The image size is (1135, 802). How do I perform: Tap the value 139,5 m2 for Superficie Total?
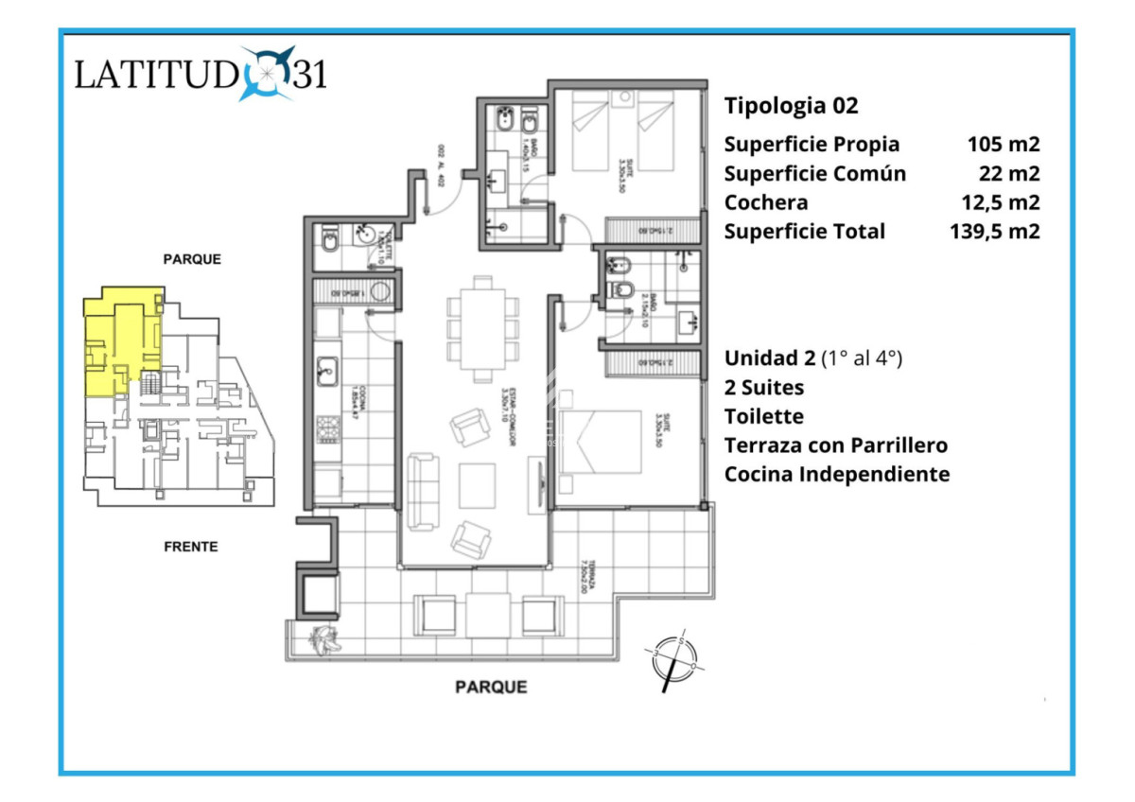click(x=994, y=231)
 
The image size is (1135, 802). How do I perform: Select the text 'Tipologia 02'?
click(x=791, y=105)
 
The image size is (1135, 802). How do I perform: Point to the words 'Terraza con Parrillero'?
click(x=836, y=445)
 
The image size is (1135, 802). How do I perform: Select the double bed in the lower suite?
click(x=600, y=441)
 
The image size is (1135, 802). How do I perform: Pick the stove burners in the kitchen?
click(x=327, y=430)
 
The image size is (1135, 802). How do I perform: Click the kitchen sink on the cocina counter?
click(x=326, y=369)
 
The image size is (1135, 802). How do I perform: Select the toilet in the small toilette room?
click(x=328, y=244)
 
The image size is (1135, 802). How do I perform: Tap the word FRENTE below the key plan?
click(x=190, y=547)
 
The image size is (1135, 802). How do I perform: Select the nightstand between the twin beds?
click(x=623, y=99)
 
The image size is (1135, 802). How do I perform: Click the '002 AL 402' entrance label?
click(x=441, y=166)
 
